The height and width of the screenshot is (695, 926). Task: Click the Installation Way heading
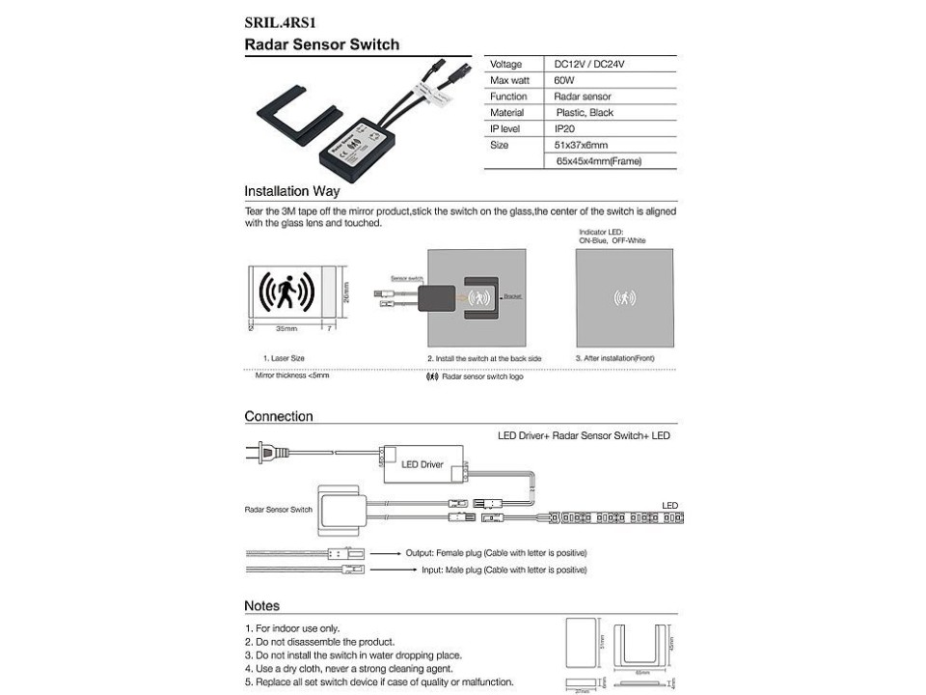(291, 191)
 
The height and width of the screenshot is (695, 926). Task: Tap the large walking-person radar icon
(287, 289)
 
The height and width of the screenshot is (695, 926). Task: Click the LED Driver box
(422, 464)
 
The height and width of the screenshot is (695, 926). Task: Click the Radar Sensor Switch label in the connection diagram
(278, 509)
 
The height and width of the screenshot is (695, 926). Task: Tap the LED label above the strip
(669, 505)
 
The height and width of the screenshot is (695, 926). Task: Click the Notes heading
(261, 606)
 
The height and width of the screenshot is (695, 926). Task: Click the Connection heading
(279, 417)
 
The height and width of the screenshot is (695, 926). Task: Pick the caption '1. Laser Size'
(284, 358)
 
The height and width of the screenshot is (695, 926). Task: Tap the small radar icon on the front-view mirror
(624, 298)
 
